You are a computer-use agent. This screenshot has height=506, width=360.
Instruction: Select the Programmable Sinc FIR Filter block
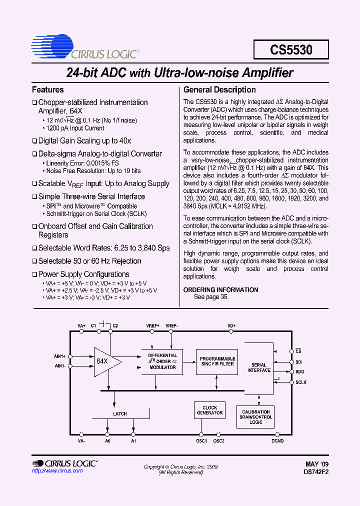(217, 361)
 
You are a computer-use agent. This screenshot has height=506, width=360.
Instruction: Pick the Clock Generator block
(209, 410)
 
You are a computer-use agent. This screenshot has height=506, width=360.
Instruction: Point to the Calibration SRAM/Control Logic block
(256, 417)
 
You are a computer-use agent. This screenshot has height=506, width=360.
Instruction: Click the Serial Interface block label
(259, 367)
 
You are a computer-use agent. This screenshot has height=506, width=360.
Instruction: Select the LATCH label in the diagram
(120, 413)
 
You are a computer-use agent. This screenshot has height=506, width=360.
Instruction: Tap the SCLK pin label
(301, 382)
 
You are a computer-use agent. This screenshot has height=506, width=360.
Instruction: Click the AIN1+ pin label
(60, 356)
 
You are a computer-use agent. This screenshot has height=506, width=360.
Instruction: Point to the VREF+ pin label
(153, 325)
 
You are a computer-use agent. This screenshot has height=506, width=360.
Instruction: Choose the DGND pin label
(277, 440)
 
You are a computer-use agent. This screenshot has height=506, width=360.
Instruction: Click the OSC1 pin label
(201, 440)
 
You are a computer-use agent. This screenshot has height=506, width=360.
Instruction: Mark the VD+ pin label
(231, 325)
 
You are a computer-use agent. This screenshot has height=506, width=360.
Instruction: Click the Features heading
(48, 90)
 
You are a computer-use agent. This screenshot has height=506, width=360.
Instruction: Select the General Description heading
(219, 90)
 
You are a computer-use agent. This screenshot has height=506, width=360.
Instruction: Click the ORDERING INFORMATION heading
(220, 290)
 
